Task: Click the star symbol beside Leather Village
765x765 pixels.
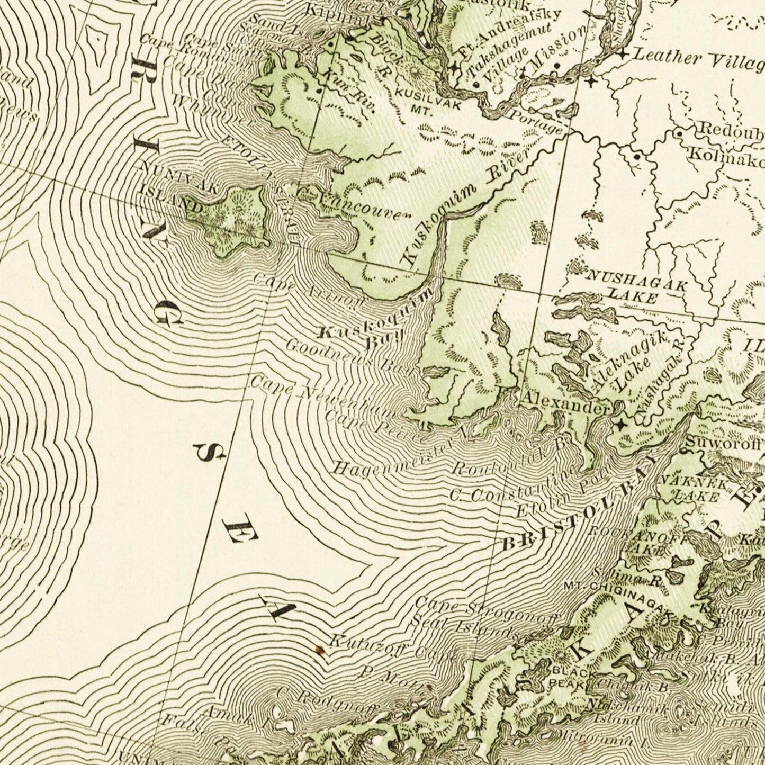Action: [x=623, y=53]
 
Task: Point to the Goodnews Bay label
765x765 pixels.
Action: [x=349, y=360]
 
